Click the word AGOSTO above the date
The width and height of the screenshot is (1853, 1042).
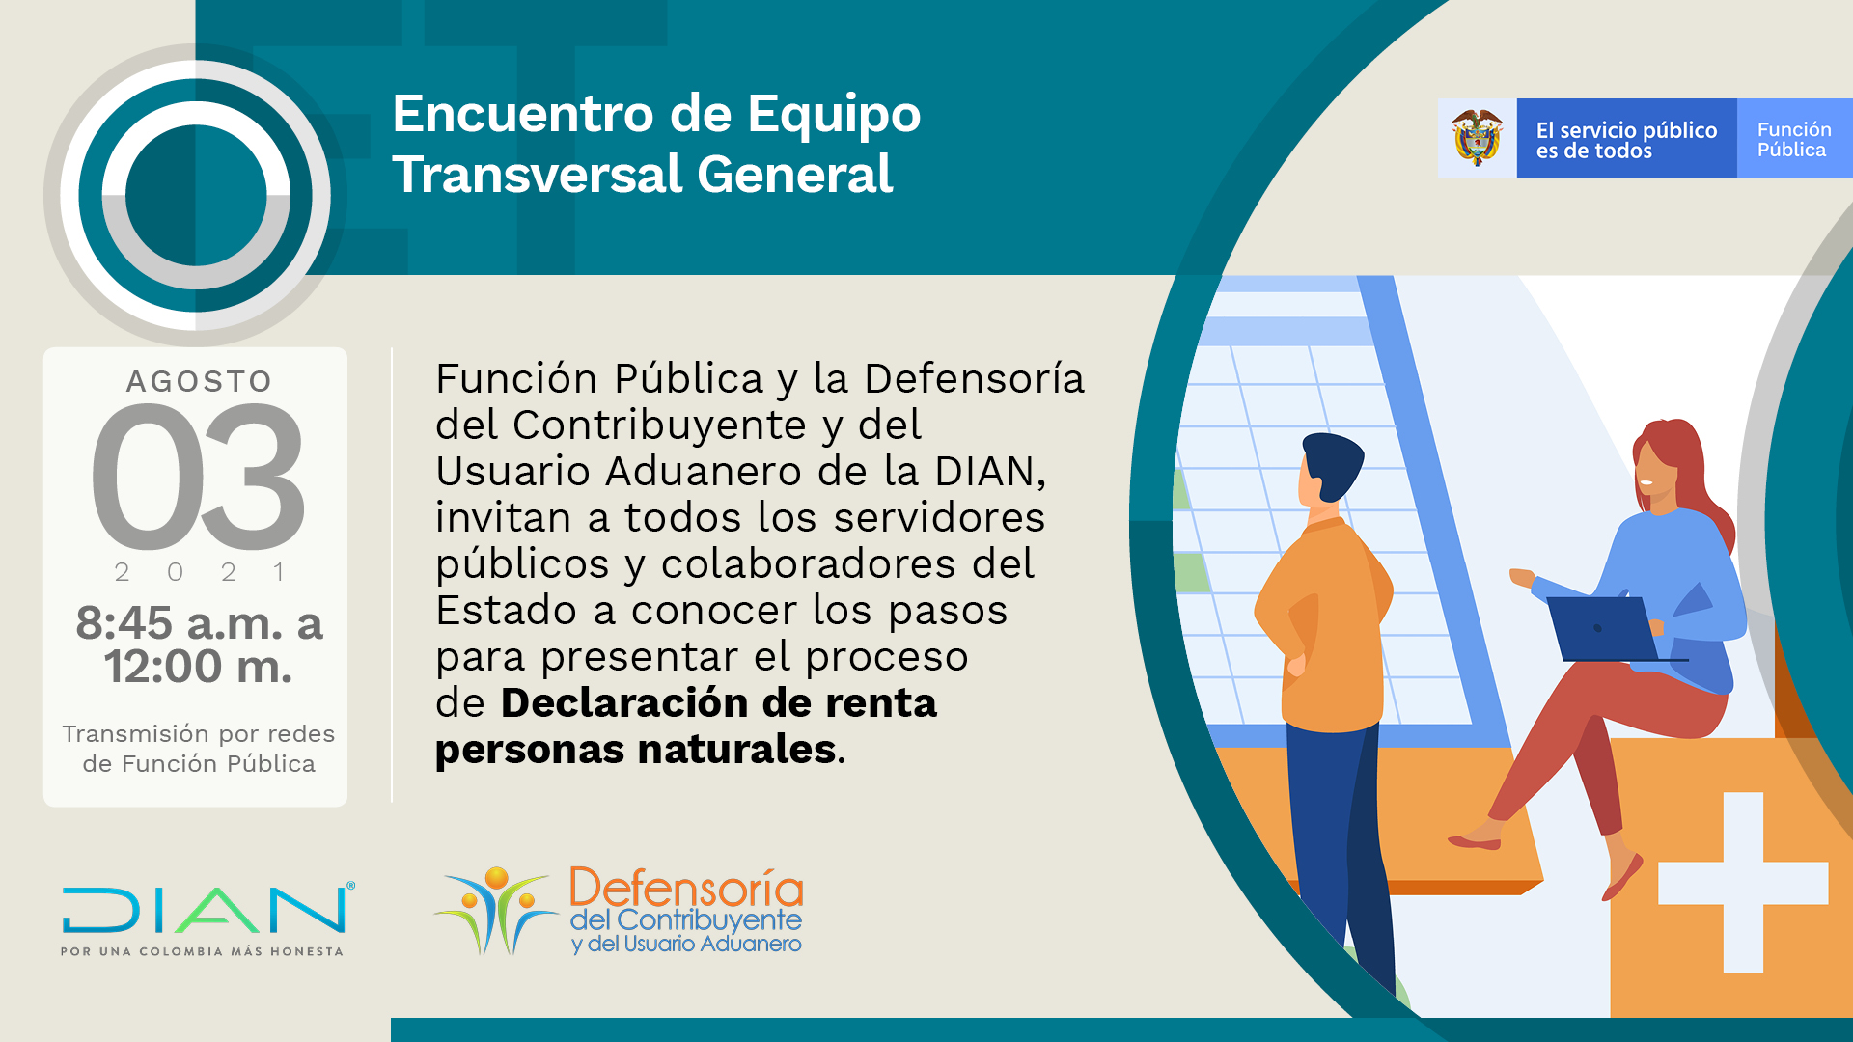(199, 381)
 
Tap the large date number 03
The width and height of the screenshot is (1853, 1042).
(199, 477)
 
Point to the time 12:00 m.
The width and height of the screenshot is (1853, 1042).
(198, 667)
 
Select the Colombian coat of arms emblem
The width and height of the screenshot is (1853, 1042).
(1477, 138)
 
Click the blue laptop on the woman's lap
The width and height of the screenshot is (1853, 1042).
(1603, 628)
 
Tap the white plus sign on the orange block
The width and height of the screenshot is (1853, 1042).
(1742, 882)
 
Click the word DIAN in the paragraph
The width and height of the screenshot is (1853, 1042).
(983, 472)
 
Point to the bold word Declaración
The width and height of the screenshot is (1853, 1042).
(610, 703)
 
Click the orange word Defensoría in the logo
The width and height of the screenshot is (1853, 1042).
(686, 888)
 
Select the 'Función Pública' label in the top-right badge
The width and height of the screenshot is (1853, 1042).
(1793, 139)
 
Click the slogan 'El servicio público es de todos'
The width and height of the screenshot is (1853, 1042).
(1625, 140)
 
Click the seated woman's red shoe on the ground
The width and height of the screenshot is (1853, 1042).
(1474, 842)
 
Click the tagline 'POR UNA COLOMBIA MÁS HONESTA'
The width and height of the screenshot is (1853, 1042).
(202, 951)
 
